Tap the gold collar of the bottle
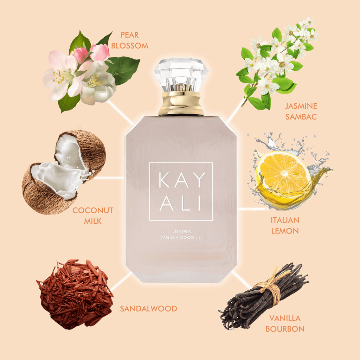(x=181, y=104)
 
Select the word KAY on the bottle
(x=181, y=180)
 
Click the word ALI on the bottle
(x=181, y=204)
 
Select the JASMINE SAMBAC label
(x=301, y=111)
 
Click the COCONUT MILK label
(x=93, y=216)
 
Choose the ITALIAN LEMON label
(x=285, y=225)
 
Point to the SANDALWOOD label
(x=148, y=309)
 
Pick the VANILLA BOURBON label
(x=285, y=323)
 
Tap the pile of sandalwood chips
(x=75, y=294)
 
